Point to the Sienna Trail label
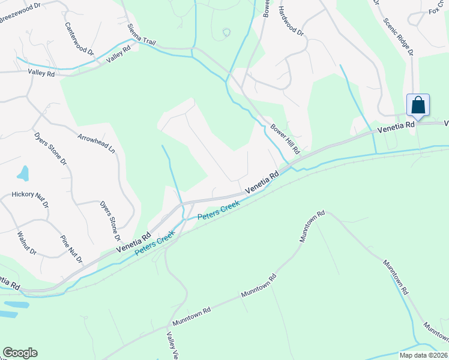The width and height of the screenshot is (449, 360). coord(142,35)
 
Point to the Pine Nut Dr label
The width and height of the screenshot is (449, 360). coord(71,248)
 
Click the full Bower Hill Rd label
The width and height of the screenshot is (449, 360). coord(285,139)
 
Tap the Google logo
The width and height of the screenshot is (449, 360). coord(20,353)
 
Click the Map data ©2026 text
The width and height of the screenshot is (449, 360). coord(423,355)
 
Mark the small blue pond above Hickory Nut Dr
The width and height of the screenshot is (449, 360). coord(23,173)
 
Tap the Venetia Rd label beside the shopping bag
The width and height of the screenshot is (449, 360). coord(396,127)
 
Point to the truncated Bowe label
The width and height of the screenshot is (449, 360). coord(265,8)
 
